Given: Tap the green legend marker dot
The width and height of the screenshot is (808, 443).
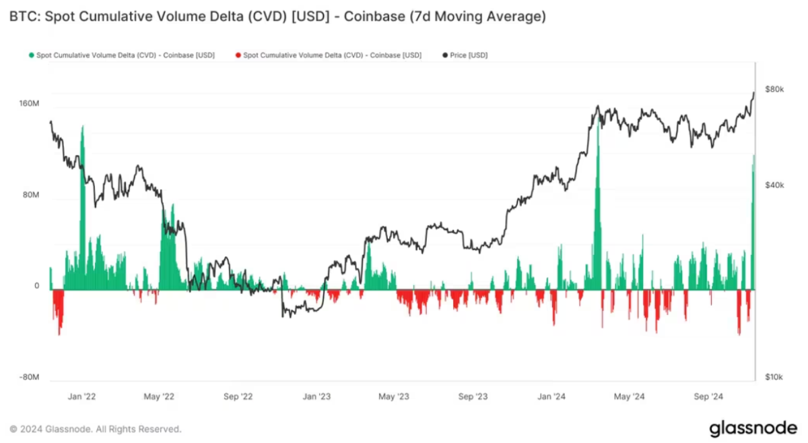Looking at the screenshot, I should point(31,55).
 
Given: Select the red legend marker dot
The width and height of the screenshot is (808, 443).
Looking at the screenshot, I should point(238,55).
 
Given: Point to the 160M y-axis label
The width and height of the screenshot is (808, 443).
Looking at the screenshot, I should point(29,104).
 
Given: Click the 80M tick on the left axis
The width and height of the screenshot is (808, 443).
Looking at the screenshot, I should point(31,196).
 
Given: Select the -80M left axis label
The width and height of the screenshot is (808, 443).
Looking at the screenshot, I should point(29,378).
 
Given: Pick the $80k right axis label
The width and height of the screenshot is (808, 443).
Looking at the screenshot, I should point(774,90).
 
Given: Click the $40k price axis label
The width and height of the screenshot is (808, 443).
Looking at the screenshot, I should point(774,185).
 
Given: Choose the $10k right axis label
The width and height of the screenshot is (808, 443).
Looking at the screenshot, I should point(774,378).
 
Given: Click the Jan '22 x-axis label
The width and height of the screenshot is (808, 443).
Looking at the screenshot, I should point(82,397).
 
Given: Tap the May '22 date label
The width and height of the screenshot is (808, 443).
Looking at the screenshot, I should point(160,397).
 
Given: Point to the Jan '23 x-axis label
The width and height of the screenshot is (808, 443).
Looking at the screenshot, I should point(316,397).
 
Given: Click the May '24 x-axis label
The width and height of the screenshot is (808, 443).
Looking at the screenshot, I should point(630,397).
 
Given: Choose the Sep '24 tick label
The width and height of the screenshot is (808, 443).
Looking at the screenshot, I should point(708,397).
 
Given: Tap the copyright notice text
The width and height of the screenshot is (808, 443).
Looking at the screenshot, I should point(95,429).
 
